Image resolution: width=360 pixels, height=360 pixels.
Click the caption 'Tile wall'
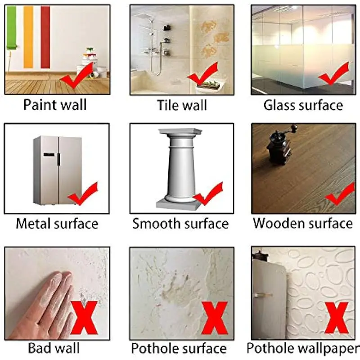pos(182,105)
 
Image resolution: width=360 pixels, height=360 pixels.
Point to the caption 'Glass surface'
pos(303,105)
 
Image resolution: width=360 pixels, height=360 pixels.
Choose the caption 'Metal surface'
pos(57,223)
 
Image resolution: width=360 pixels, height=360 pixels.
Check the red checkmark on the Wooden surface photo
pos(339,194)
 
